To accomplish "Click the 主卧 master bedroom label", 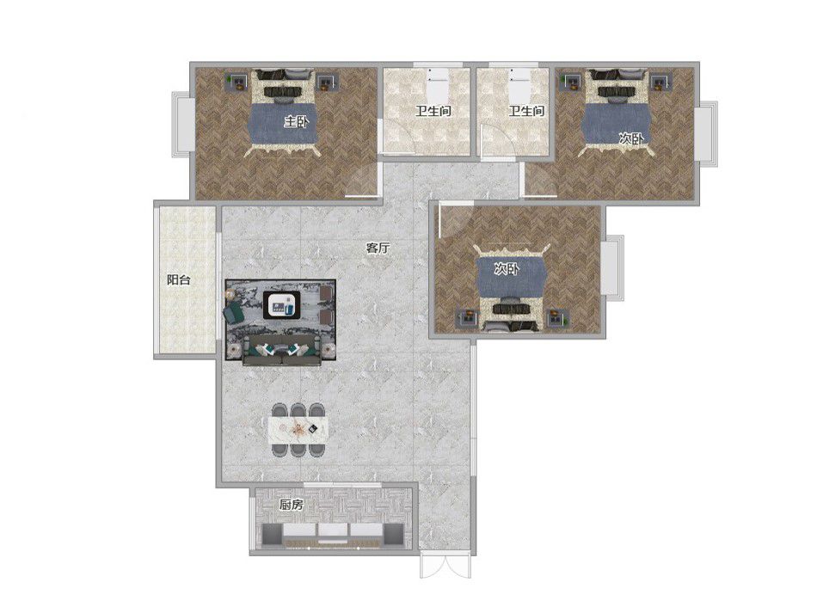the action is [x=296, y=123].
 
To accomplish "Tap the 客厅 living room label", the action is [x=378, y=248].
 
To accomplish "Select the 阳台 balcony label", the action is [x=178, y=280].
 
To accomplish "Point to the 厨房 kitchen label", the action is [x=291, y=506].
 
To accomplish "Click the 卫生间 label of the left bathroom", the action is [x=433, y=111].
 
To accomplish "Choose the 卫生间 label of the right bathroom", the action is [x=527, y=111].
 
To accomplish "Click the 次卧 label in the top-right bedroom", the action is [x=631, y=138].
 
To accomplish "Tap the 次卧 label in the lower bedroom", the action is [x=507, y=269].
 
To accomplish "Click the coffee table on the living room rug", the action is [x=281, y=304].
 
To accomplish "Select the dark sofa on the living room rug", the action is [x=281, y=350].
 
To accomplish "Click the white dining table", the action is [x=299, y=429].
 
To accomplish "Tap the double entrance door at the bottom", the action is [x=445, y=565].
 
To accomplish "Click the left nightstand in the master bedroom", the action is [x=237, y=83].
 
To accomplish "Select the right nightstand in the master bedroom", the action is [x=329, y=83].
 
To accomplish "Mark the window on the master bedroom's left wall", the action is [x=181, y=124].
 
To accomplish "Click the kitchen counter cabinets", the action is [x=334, y=535].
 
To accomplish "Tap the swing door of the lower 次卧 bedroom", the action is [x=453, y=218].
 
